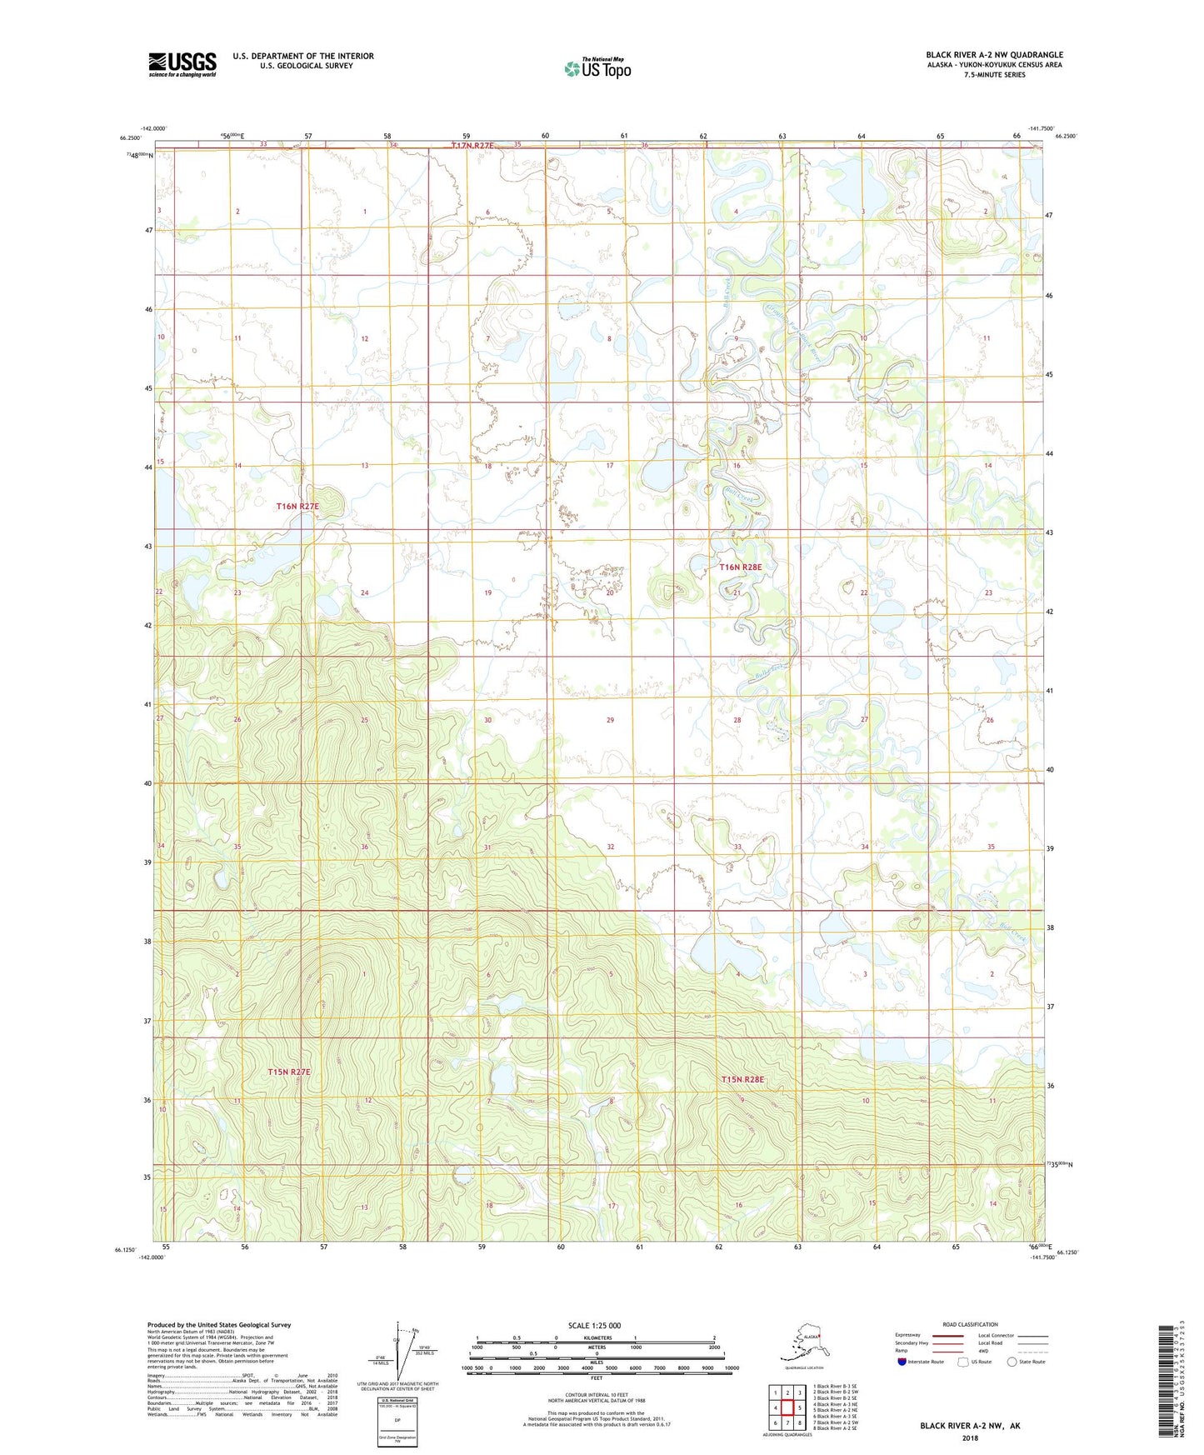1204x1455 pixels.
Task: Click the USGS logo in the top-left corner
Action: tap(182, 64)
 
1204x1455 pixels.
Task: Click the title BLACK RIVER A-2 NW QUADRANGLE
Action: tap(994, 55)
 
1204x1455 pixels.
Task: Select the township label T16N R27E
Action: tap(297, 506)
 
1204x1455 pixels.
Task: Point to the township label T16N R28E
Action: tap(741, 567)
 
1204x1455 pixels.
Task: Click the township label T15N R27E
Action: tap(288, 1072)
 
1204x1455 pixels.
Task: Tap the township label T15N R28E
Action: tap(742, 1079)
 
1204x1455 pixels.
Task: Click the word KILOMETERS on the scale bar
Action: tap(595, 1338)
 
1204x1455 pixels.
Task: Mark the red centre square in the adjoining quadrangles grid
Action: tap(787, 1407)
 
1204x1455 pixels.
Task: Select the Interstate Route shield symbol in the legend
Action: tap(902, 1362)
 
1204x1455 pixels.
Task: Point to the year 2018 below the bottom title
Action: tap(970, 1437)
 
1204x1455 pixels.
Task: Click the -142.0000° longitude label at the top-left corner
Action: tap(154, 128)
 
